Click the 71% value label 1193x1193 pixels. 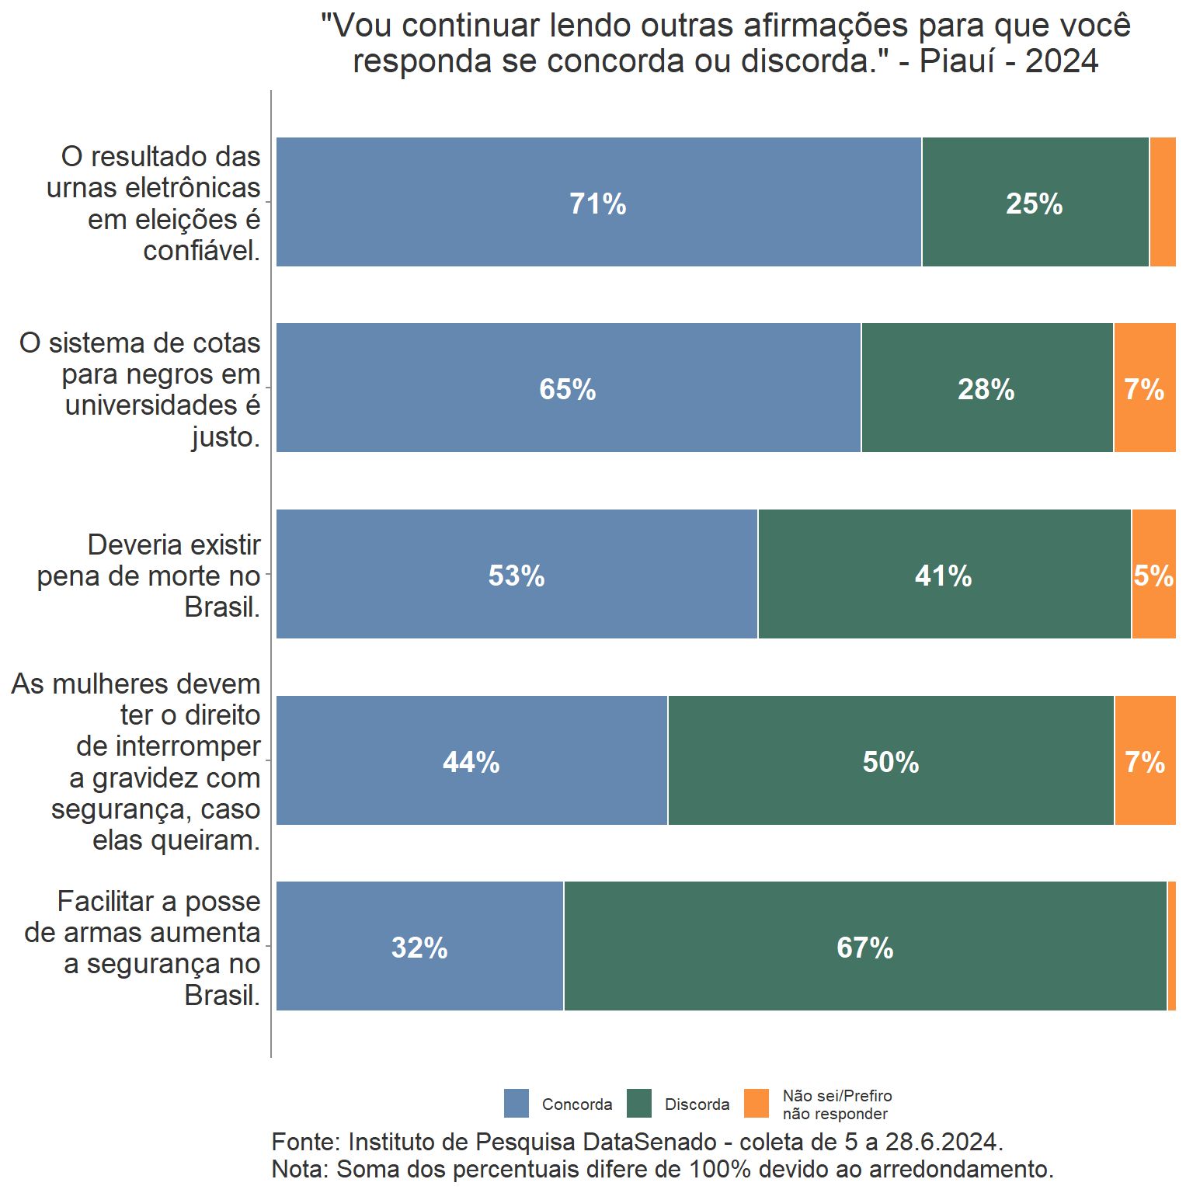pyautogui.click(x=597, y=203)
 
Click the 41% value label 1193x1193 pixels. pyautogui.click(x=943, y=576)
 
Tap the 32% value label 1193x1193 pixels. pyautogui.click(x=419, y=948)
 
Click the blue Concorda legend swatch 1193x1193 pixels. pyautogui.click(x=517, y=1103)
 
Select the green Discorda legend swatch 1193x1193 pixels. pyautogui.click(x=639, y=1103)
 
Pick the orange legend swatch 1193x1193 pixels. pyautogui.click(x=756, y=1103)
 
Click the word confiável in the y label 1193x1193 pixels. pyautogui.click(x=201, y=251)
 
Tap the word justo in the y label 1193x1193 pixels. pyautogui.click(x=225, y=437)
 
